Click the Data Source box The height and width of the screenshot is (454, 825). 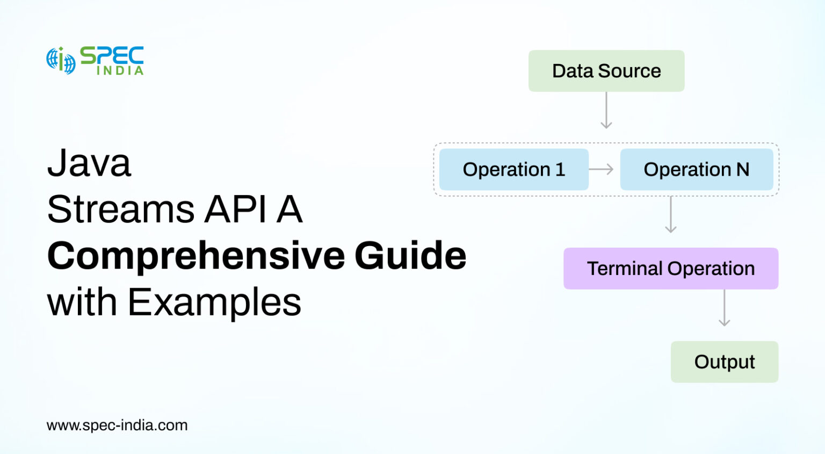coord(606,71)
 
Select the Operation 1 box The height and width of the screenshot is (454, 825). coord(513,169)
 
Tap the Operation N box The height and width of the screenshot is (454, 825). coord(696,169)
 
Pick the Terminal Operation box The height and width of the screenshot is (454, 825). coord(670,268)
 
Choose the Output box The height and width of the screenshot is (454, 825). coord(724,362)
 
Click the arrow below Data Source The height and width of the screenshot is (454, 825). coord(606,111)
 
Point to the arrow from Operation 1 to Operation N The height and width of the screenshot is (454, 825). coord(601,169)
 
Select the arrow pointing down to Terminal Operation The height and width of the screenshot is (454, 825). coord(670,215)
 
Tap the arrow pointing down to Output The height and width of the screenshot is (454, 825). coord(724,308)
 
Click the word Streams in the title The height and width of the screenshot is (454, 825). coord(121,209)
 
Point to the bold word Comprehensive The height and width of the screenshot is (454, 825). coord(196,256)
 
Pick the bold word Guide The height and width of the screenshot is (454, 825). coord(410,256)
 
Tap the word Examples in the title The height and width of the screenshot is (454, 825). coord(214,302)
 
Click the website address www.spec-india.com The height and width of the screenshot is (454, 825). coord(117,426)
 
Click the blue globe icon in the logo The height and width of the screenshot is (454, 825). coord(61,60)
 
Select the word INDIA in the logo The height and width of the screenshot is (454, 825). coord(120,70)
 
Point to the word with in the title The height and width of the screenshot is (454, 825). coord(82,302)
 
